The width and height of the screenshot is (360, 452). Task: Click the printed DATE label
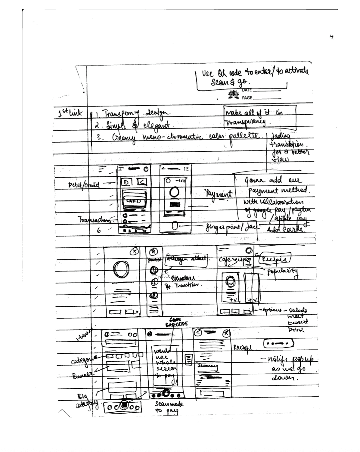[247, 90]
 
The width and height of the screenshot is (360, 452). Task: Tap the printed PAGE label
[247, 98]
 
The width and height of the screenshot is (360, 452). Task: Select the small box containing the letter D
[127, 182]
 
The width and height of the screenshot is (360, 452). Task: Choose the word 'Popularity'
[282, 271]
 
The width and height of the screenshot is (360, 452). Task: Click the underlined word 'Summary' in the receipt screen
[208, 366]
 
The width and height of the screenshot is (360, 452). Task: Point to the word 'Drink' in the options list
[296, 330]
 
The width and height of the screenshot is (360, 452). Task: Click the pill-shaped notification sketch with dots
[278, 343]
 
